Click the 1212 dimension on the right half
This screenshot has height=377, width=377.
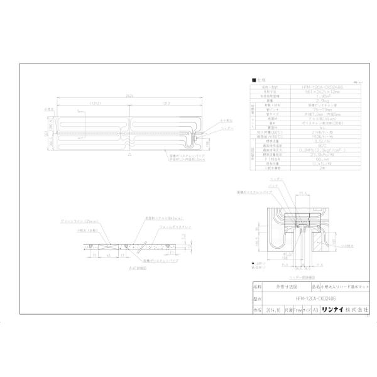(x=165, y=103)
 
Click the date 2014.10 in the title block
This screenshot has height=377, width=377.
(x=273, y=310)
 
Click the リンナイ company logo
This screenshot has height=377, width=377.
(x=333, y=310)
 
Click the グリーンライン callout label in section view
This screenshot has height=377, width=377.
(x=72, y=222)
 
